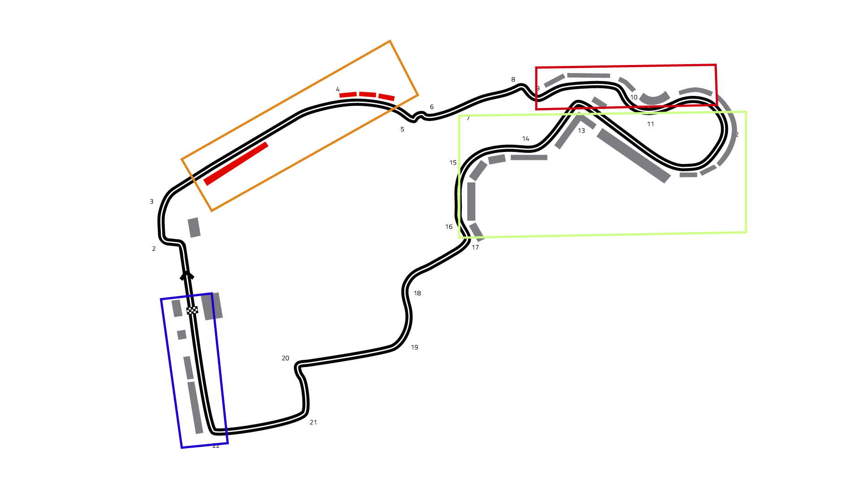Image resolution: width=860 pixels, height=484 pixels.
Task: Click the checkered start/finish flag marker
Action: (192, 310)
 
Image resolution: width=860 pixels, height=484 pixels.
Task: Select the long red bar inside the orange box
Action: (236, 164)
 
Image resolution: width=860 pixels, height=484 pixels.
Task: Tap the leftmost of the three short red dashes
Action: (348, 95)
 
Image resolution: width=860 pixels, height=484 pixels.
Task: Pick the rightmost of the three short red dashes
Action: (387, 97)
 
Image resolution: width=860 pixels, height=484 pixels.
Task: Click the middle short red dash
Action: (367, 94)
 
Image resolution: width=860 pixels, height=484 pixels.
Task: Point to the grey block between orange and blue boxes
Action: (194, 228)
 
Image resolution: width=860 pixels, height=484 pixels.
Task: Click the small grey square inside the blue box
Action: (181, 335)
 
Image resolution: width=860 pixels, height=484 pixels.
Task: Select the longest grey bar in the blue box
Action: (195, 408)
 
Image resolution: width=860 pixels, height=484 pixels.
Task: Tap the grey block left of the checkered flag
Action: (177, 308)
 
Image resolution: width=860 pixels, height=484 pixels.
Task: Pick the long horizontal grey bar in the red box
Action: (588, 75)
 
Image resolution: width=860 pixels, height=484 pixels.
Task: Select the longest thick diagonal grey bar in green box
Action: (633, 156)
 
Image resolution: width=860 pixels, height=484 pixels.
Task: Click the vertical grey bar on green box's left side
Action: (471, 201)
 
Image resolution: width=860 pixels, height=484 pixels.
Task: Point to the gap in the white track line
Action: (186, 273)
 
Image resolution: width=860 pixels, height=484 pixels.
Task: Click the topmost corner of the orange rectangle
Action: (390, 41)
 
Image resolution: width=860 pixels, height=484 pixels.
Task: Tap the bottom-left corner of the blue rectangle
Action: (181, 447)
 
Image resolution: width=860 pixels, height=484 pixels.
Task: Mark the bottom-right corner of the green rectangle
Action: (746, 232)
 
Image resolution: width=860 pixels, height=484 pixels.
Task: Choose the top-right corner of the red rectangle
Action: (716, 65)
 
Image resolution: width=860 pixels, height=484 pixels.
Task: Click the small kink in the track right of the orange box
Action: (418, 117)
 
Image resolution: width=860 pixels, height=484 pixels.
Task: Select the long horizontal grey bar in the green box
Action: (529, 157)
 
